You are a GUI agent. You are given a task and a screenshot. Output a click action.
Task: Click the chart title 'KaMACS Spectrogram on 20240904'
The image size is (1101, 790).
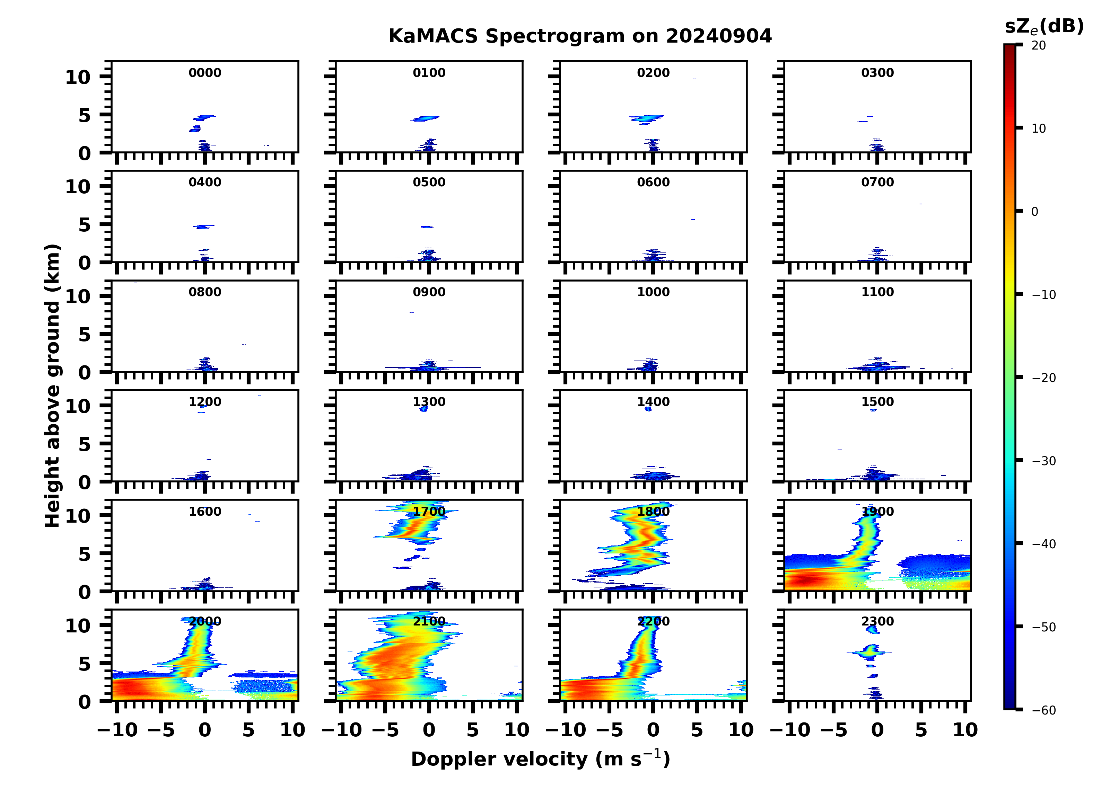point(580,36)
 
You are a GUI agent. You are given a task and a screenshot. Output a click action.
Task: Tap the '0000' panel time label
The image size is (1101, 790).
point(205,73)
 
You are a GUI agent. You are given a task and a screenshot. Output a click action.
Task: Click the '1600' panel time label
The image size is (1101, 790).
point(205,512)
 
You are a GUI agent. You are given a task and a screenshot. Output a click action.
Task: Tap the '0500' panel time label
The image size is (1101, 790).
point(429,183)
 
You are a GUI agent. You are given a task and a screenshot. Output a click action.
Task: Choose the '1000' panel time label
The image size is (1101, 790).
point(653,292)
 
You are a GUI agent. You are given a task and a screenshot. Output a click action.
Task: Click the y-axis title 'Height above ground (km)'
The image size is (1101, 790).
point(52,386)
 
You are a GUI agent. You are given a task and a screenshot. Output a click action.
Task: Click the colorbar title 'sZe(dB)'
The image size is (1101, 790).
point(1044,27)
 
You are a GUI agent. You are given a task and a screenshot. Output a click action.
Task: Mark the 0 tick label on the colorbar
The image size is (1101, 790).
point(1034,212)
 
